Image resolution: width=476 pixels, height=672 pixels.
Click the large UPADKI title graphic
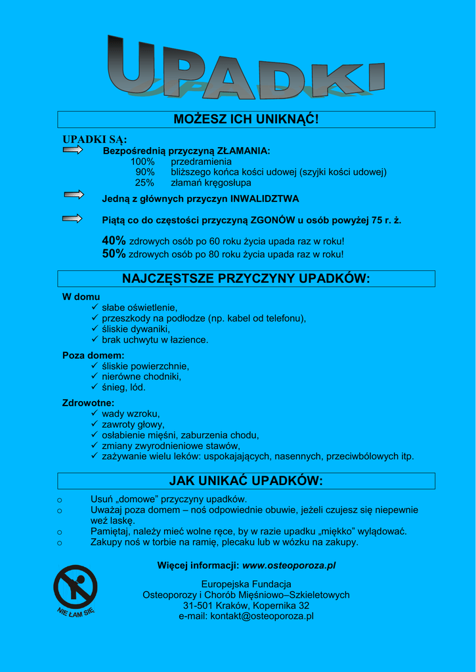point(245,68)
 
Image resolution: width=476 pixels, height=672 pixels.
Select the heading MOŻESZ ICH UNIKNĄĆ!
point(246,119)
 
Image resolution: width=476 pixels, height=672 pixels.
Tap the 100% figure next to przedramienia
point(142,161)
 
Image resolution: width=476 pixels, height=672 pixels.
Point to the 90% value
point(145,172)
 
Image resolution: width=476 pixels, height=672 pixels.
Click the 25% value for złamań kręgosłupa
point(145,183)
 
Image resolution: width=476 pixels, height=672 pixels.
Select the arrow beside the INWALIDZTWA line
point(74,194)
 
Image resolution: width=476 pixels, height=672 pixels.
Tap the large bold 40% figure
point(114,241)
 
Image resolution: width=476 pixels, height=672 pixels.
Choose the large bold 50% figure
point(114,254)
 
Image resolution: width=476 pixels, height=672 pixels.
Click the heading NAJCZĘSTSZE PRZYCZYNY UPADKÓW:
point(246,279)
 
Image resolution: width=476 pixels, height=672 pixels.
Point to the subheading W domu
point(81,297)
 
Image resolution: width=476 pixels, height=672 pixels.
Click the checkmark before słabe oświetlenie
point(95,307)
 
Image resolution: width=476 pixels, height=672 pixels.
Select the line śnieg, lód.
point(123,387)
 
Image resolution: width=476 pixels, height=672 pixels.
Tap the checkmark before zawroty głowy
point(95,425)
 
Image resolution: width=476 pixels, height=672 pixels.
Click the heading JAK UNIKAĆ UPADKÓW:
point(246,481)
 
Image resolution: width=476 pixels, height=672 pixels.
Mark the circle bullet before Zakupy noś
point(60,543)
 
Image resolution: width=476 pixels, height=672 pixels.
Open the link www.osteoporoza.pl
point(289,565)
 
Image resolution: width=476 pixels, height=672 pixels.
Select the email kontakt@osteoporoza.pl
point(262,616)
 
